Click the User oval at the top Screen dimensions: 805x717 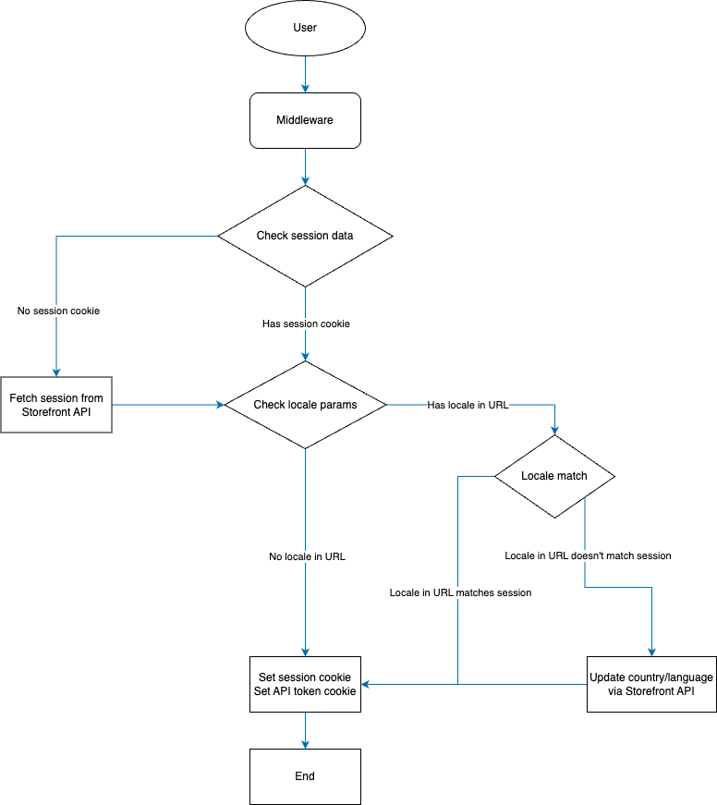[x=305, y=28]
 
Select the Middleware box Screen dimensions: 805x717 [x=305, y=120]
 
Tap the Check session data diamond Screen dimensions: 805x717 [x=305, y=236]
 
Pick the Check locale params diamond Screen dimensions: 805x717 [x=305, y=405]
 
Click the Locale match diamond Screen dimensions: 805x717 [x=554, y=476]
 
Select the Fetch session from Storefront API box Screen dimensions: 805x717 [x=56, y=405]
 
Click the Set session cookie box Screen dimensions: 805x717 [x=305, y=684]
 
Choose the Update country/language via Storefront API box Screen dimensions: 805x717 [x=651, y=684]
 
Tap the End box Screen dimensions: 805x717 [x=305, y=776]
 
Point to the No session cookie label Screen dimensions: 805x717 [x=58, y=311]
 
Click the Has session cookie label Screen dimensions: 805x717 [x=307, y=324]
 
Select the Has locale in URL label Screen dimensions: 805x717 [x=468, y=406]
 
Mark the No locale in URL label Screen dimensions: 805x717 [x=307, y=557]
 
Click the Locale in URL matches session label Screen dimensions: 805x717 [x=460, y=593]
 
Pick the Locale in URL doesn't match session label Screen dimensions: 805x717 [x=588, y=556]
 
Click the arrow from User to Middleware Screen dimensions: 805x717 [x=305, y=74]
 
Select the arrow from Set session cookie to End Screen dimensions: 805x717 [x=305, y=730]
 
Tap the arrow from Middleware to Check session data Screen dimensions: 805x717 [x=305, y=167]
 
